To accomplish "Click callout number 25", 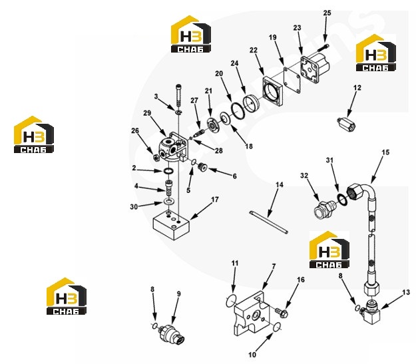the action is [327, 13].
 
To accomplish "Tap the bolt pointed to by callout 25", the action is [323, 48].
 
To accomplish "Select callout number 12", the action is [357, 88].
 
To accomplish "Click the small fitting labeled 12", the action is [346, 124].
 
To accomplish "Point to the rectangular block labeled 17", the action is [172, 226].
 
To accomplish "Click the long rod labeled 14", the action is [268, 222].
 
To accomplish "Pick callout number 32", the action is [304, 176].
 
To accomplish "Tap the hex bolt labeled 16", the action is [281, 312].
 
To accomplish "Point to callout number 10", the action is [252, 355].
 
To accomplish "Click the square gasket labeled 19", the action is [292, 81].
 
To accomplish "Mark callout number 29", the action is [147, 113].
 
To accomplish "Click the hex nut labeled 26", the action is [156, 158].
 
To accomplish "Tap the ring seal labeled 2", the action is [168, 171].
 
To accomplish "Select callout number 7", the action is [274, 266].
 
